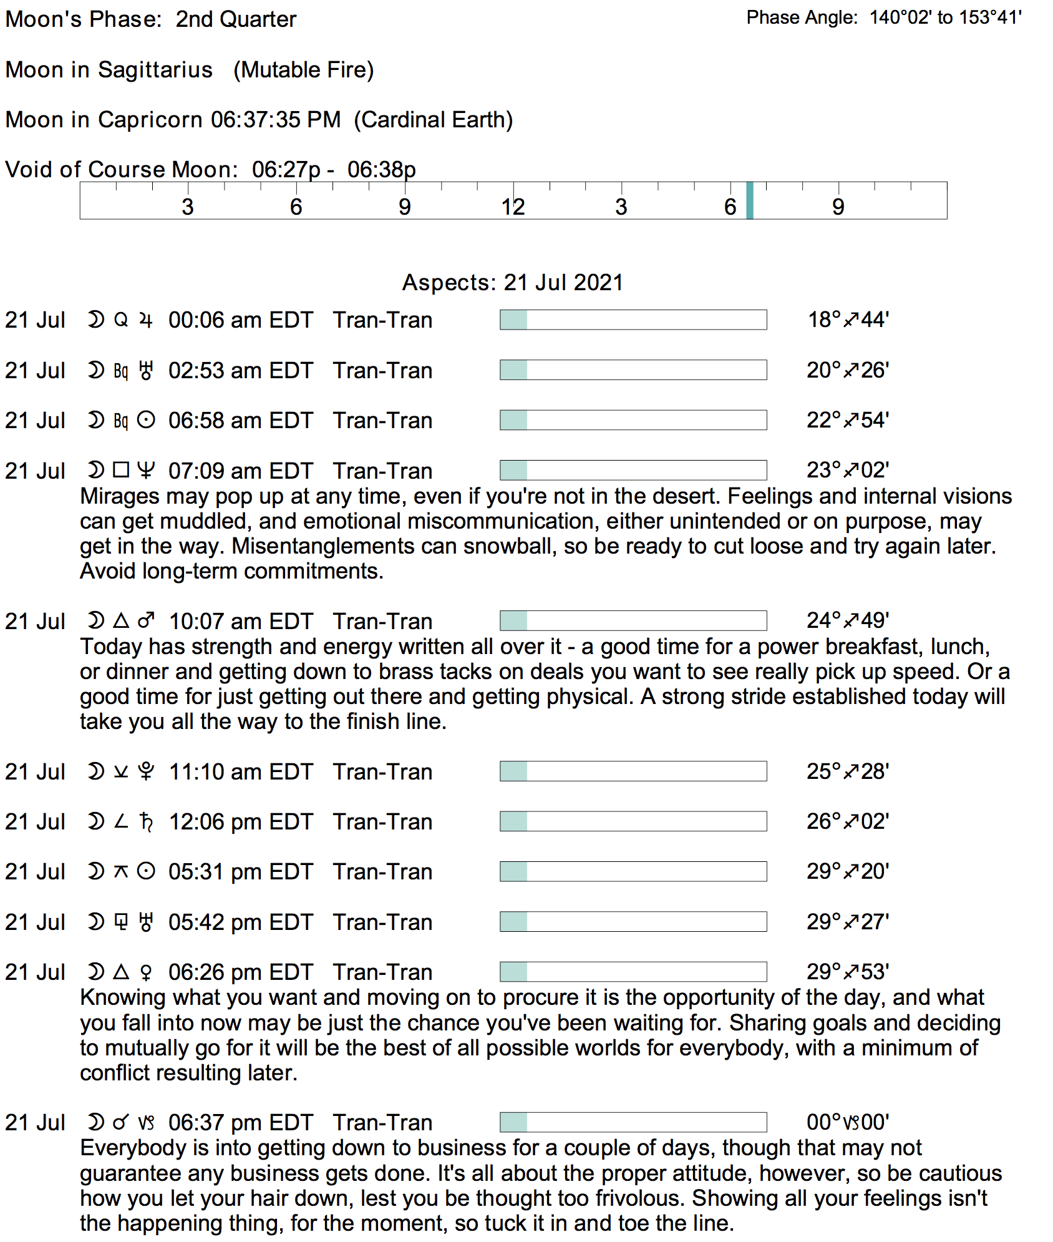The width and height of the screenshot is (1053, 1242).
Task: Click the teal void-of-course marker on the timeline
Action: click(750, 200)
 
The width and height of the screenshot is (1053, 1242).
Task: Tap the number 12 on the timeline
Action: click(513, 207)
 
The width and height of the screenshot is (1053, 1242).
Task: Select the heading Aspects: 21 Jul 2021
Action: click(512, 283)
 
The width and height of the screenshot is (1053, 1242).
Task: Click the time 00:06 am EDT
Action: click(240, 320)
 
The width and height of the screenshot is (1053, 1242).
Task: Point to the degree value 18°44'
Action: click(848, 320)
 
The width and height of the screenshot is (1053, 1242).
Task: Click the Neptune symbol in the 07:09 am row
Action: click(145, 470)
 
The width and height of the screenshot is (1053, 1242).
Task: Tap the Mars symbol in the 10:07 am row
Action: click(146, 621)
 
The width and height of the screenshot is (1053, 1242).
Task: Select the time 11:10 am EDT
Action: click(240, 772)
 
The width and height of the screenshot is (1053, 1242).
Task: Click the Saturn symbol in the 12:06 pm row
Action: click(146, 822)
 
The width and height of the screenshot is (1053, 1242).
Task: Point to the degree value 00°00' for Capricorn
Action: click(848, 1122)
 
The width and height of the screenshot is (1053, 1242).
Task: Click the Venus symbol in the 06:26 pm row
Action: click(146, 972)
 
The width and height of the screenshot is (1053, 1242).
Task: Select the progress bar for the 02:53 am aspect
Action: click(633, 370)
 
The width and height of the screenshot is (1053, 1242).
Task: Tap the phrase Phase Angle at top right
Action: click(802, 17)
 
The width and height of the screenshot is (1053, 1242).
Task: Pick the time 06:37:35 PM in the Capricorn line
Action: click(276, 120)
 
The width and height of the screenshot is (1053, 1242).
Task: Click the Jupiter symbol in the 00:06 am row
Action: click(146, 320)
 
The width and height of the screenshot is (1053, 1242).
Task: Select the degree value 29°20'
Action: click(848, 871)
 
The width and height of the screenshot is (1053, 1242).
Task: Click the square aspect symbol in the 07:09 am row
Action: click(121, 470)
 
